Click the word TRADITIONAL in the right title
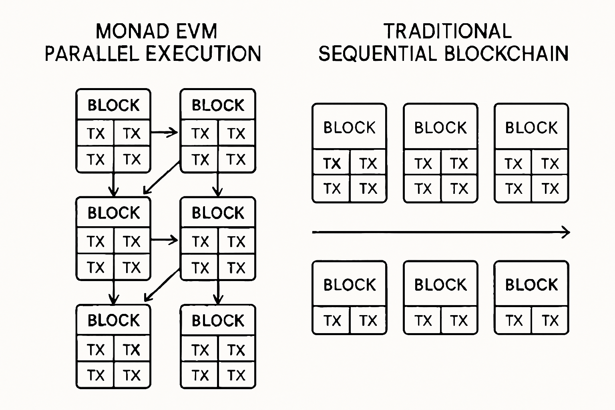coord(447,31)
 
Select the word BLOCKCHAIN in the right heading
coord(506,54)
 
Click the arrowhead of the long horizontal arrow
coord(566,232)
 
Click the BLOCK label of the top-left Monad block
coord(113,105)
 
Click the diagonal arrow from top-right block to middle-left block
coord(162,177)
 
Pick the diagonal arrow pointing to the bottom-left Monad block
coord(162,285)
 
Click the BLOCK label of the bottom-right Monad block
coord(218,321)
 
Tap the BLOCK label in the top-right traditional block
coord(531,128)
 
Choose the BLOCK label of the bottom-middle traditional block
coord(440,285)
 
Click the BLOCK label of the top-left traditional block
coord(349,128)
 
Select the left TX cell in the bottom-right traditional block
coord(513,320)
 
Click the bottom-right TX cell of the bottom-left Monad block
coord(132,375)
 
